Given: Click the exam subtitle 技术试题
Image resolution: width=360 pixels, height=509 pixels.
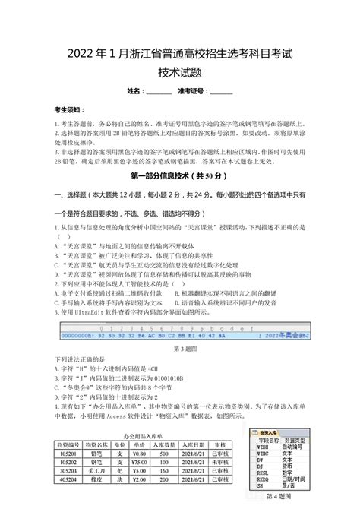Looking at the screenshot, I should tap(179, 73).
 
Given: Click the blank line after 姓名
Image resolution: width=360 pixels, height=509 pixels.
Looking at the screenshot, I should tap(159, 92).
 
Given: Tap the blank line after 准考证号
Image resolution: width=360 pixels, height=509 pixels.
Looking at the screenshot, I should tap(221, 92).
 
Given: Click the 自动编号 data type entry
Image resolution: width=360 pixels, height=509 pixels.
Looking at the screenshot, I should tap(286, 447).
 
